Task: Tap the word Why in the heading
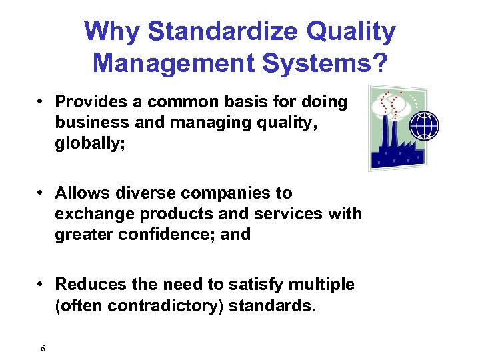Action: pyautogui.click(x=111, y=32)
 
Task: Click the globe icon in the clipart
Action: pyautogui.click(x=424, y=125)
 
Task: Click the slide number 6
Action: pyautogui.click(x=43, y=349)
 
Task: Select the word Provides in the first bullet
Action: pyautogui.click(x=87, y=102)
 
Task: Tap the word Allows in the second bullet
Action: pyautogui.click(x=77, y=193)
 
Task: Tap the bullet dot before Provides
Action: pyautogui.click(x=41, y=102)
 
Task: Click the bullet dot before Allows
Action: pyautogui.click(x=41, y=193)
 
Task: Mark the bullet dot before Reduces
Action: pyautogui.click(x=41, y=285)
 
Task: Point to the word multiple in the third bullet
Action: pyautogui.click(x=322, y=285)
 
